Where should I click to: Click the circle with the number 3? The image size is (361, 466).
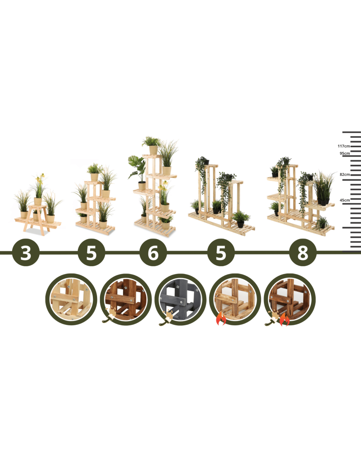(x=26, y=253)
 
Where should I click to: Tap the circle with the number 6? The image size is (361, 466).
(x=153, y=253)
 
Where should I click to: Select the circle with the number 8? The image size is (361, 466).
(x=303, y=253)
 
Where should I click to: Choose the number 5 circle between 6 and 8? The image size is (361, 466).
(x=221, y=253)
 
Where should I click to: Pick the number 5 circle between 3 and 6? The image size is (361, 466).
(x=91, y=253)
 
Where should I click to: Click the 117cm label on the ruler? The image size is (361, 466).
(x=343, y=146)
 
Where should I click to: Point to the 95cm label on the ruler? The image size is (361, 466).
(x=345, y=153)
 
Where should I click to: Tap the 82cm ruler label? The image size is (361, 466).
(x=345, y=174)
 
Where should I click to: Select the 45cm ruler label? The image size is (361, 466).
(x=345, y=200)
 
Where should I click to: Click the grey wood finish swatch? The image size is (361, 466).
(x=180, y=299)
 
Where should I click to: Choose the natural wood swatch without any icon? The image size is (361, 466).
(x=71, y=299)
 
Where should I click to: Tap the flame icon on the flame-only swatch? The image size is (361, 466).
(x=221, y=318)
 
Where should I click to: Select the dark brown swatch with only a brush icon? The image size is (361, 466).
(x=126, y=299)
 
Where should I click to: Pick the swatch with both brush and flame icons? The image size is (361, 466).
(x=290, y=299)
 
